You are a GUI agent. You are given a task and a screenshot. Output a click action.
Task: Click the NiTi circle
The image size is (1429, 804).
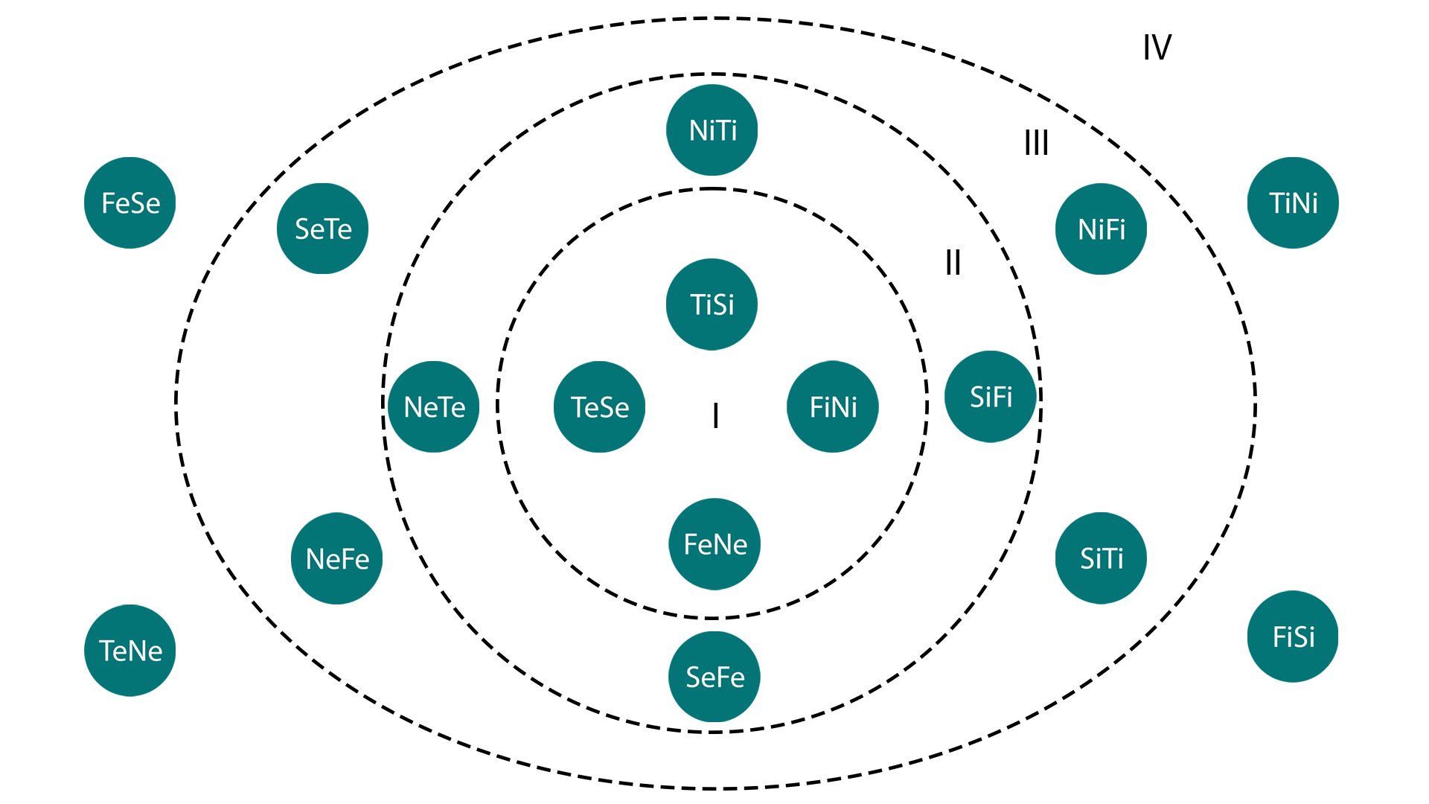[x=712, y=130]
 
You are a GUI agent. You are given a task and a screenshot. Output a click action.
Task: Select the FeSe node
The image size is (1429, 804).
[x=130, y=202]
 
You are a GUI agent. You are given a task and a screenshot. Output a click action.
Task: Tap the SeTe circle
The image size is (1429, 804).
[x=323, y=229]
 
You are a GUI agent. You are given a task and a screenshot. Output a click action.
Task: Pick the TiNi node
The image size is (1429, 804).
[x=1293, y=202]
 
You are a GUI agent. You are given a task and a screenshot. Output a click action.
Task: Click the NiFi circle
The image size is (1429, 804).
[x=1101, y=229]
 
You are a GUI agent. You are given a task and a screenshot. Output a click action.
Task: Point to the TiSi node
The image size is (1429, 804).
[x=712, y=304]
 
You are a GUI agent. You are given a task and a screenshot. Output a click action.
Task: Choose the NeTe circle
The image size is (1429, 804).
[x=434, y=406]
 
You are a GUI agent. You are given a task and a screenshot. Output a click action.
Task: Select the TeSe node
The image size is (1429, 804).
[x=599, y=406]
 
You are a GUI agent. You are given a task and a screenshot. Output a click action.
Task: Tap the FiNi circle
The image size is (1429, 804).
[x=833, y=406]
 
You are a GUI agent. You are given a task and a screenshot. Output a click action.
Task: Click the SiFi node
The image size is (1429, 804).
[x=991, y=397]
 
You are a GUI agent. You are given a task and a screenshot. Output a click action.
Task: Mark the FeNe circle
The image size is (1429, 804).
[x=714, y=544]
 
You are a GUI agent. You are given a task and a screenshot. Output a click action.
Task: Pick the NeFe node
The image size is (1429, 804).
[x=337, y=558]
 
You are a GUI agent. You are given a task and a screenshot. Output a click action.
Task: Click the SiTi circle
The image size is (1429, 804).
[x=1101, y=558]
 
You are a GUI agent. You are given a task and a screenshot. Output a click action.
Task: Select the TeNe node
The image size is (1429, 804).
[x=130, y=651]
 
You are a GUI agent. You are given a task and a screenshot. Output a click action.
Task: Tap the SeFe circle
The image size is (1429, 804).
[x=714, y=677]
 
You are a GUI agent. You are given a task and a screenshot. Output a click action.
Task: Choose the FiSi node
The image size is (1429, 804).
[x=1293, y=636]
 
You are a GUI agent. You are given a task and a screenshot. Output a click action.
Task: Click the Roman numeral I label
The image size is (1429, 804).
[x=715, y=415]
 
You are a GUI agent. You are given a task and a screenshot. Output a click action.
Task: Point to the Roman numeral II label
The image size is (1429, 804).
[x=953, y=263]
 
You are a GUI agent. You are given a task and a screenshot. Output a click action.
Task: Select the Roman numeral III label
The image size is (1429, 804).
[x=1036, y=142]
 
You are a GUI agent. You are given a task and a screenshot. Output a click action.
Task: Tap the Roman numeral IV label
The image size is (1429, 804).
[x=1157, y=48]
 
